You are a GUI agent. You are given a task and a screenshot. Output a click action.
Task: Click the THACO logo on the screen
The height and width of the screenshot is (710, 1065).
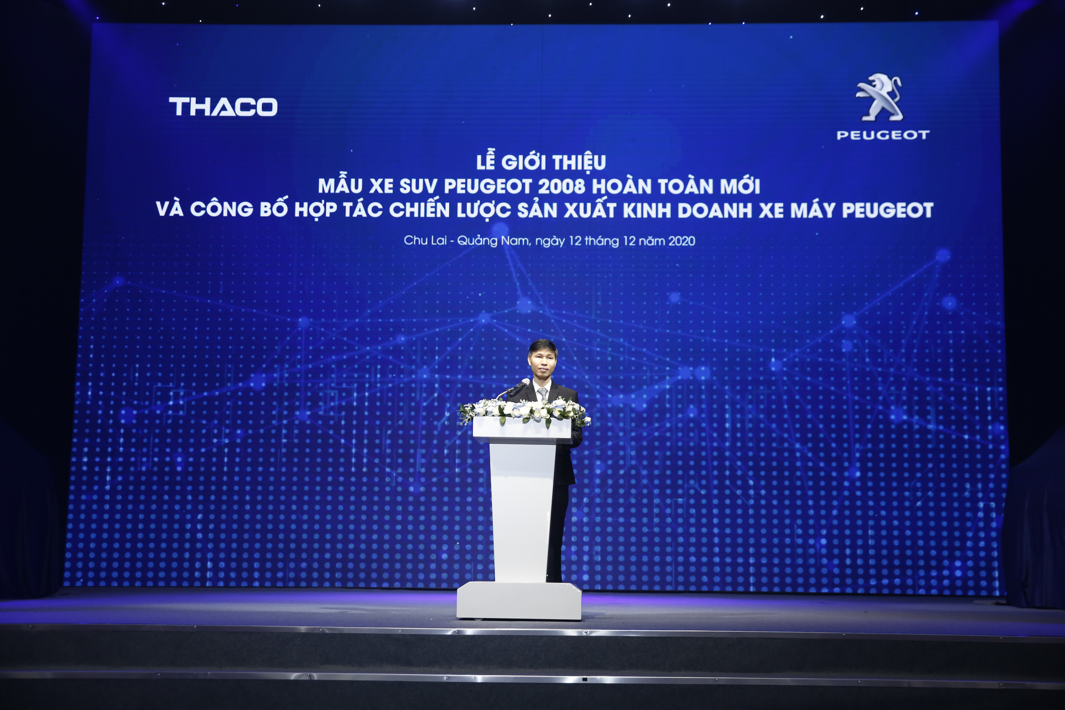[223, 107]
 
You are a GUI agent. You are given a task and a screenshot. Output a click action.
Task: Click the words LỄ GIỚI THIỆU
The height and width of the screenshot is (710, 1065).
[541, 162]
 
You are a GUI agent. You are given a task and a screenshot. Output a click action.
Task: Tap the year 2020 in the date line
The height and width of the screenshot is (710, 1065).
[682, 241]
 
